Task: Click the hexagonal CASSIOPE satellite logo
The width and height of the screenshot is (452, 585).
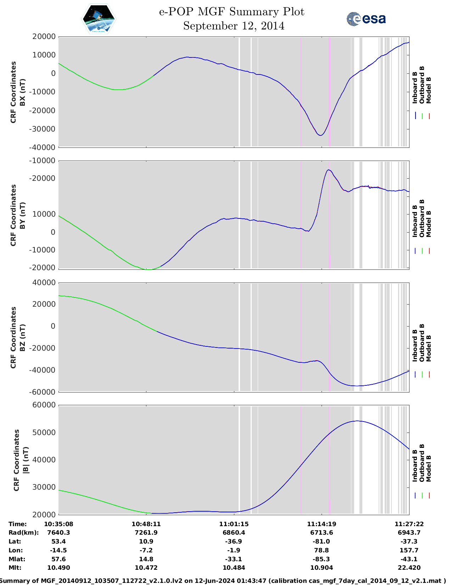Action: (99, 19)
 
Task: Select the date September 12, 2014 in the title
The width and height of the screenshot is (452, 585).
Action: (234, 26)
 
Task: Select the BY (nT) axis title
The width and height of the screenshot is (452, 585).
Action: (22, 215)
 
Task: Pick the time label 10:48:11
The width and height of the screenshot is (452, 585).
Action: (146, 524)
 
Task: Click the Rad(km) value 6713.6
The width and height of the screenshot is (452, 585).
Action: (322, 533)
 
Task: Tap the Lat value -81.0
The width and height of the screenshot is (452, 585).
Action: (322, 541)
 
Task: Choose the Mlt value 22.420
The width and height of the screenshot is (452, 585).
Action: (409, 568)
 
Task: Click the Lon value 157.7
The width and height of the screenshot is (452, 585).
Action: (409, 550)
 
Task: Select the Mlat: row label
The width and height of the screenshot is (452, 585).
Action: (17, 559)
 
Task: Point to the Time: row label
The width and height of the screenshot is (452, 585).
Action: (17, 524)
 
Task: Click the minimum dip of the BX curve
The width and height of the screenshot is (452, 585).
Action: (320, 135)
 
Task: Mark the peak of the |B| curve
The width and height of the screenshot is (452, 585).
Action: (357, 421)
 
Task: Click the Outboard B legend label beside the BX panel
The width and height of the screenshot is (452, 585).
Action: (422, 85)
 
